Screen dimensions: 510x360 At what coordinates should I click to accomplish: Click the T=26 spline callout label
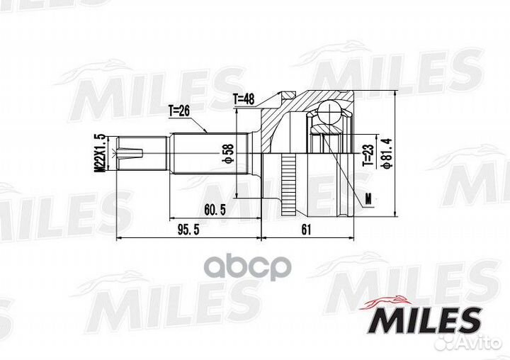(178, 111)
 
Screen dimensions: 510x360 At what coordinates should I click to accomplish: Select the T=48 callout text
(243, 99)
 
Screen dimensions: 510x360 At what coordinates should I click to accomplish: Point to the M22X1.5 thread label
(99, 152)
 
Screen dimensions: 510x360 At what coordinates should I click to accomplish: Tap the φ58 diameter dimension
(229, 152)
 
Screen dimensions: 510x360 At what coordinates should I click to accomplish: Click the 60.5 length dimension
(215, 210)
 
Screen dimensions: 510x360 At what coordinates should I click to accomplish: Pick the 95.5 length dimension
(188, 230)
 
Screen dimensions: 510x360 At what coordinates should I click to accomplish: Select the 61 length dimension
(306, 230)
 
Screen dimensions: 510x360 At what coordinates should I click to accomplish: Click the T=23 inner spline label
(368, 156)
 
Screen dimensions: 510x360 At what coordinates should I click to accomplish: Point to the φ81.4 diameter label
(387, 154)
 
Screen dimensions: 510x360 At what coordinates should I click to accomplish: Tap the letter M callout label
(368, 199)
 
